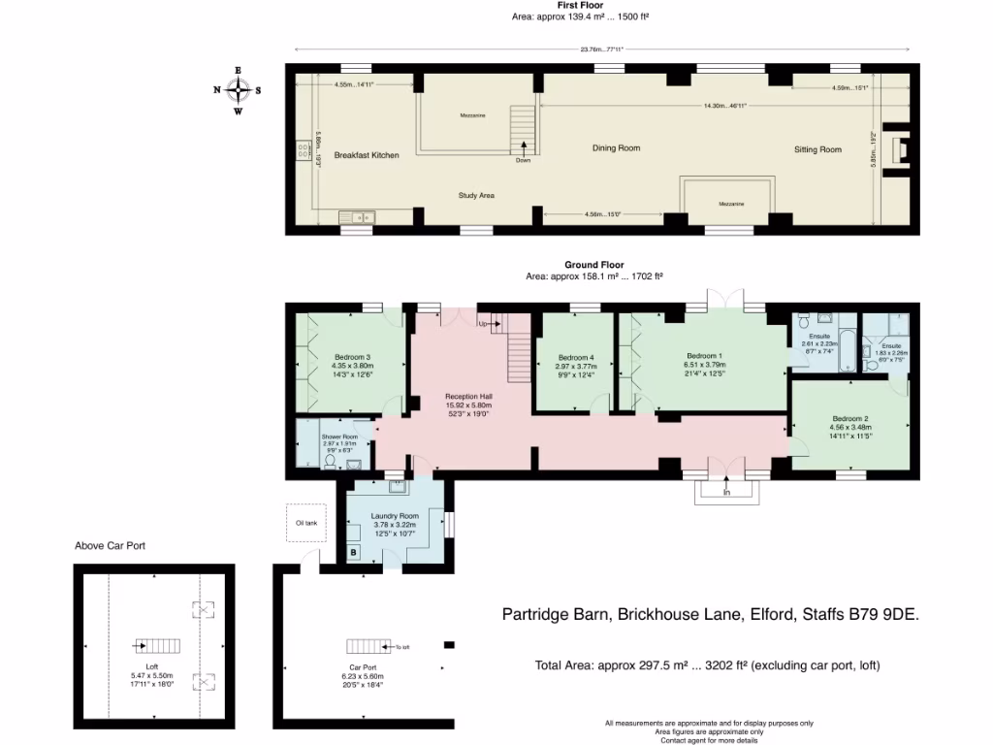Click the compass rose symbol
[x=238, y=89]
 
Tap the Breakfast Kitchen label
[x=367, y=155]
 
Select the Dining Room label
[x=617, y=148]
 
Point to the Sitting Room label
[x=817, y=149]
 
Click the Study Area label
[x=477, y=196]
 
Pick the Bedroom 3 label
[x=354, y=356]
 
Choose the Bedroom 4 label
[x=575, y=356]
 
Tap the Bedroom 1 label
[x=704, y=355]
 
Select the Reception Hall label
[x=469, y=397]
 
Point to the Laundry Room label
[x=396, y=515]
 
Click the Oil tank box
[x=305, y=524]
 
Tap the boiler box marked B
[x=353, y=553]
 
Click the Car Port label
[x=364, y=668]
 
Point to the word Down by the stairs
[x=524, y=160]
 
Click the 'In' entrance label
[x=726, y=493]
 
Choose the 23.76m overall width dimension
[x=602, y=49]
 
